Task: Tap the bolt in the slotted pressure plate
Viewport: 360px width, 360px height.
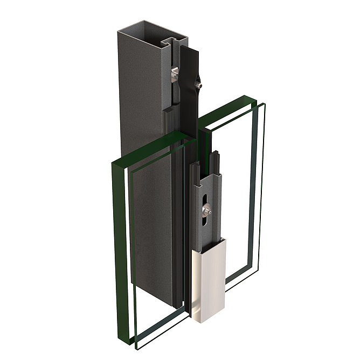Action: tap(206, 211)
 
